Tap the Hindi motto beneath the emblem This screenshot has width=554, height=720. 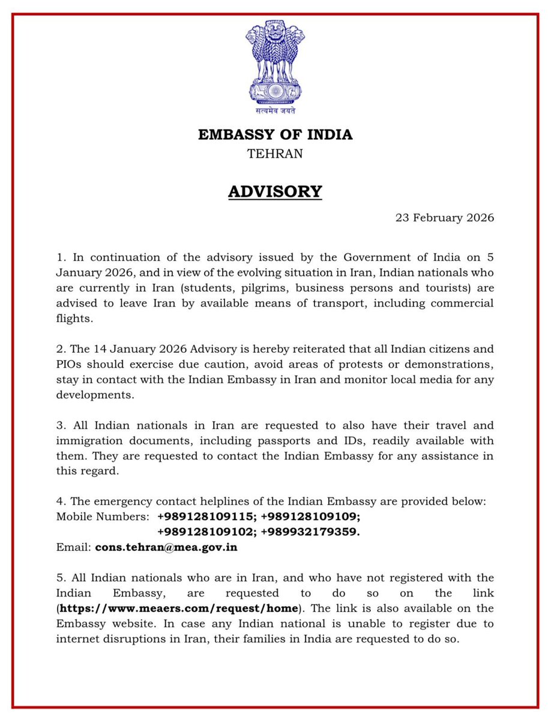(x=275, y=110)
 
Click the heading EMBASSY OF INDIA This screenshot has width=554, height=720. (x=275, y=134)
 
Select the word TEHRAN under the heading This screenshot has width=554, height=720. (x=275, y=154)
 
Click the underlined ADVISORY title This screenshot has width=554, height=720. (x=275, y=191)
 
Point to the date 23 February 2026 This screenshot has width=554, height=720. (x=444, y=218)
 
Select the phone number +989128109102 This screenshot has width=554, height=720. (x=206, y=532)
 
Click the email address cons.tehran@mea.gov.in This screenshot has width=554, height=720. (x=170, y=547)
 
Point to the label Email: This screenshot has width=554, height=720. (x=73, y=547)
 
